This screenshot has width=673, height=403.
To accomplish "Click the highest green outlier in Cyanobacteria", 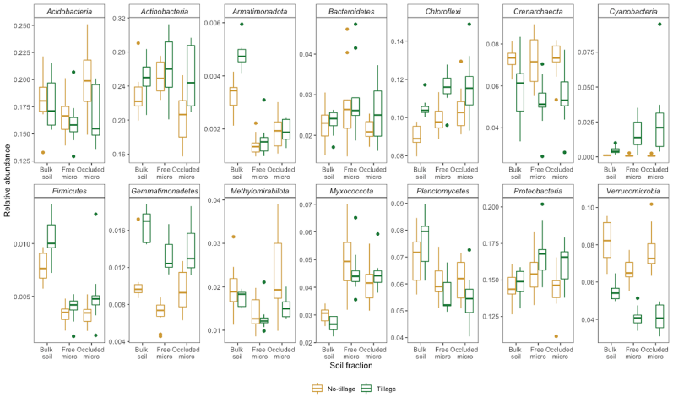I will pos(659,24).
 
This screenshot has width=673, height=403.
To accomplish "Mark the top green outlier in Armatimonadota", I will pos(242,24).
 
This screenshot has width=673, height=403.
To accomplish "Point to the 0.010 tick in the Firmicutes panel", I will pos(25,244).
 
